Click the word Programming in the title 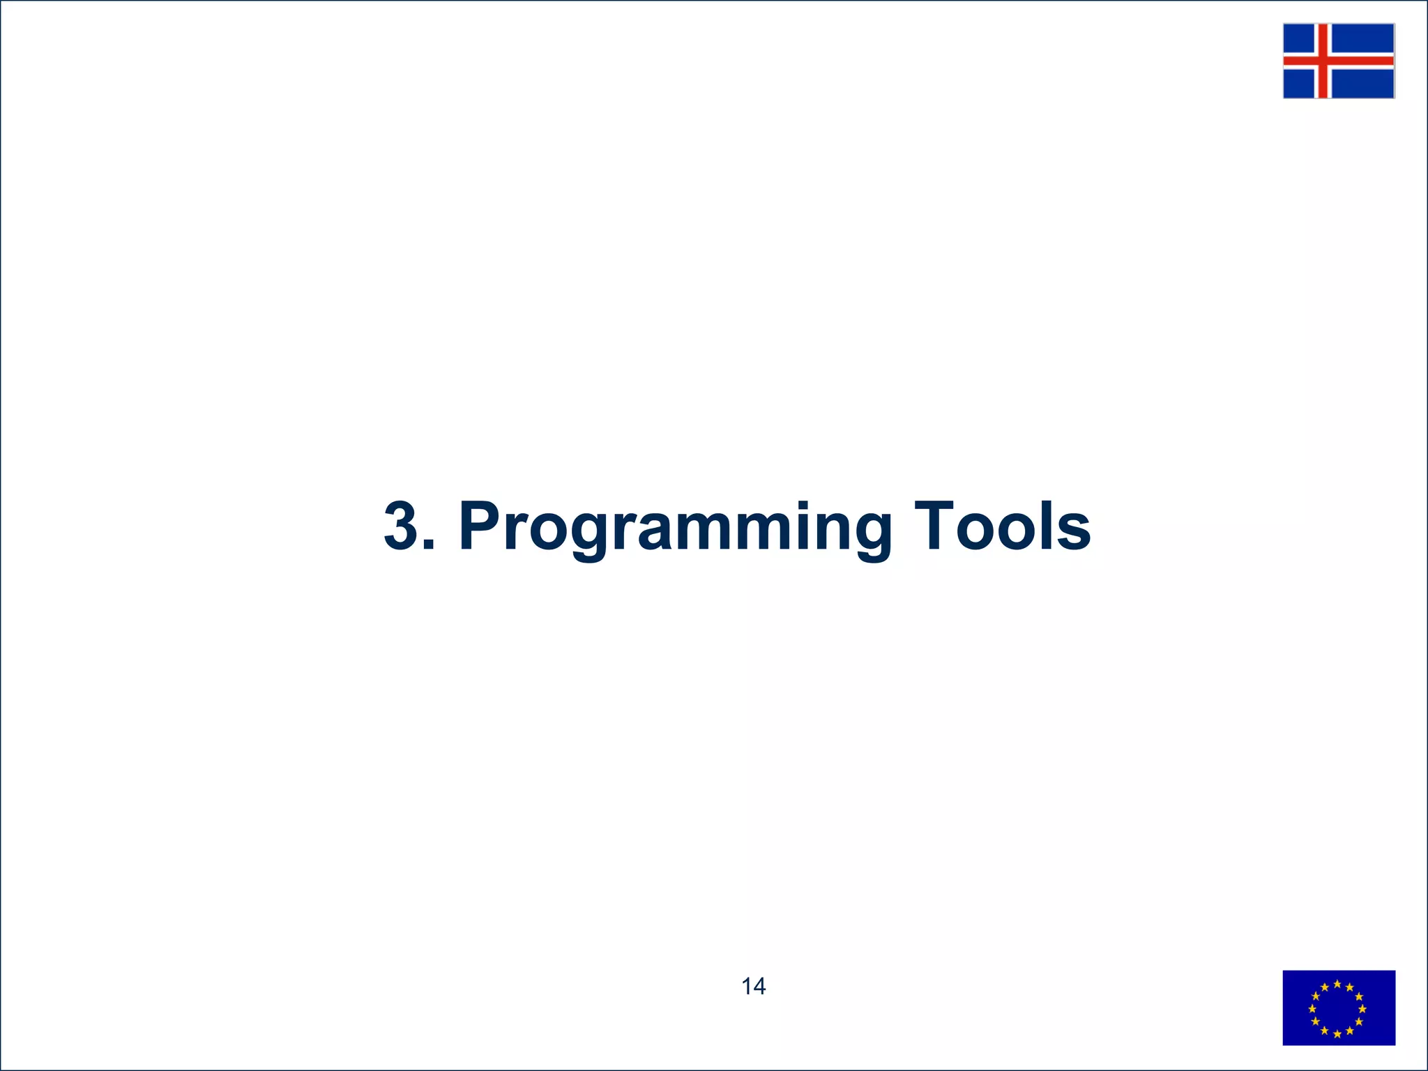click(x=675, y=528)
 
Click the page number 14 click(x=753, y=986)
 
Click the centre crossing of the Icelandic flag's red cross click(x=1322, y=61)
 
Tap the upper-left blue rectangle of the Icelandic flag click(x=1298, y=38)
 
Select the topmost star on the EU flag click(x=1337, y=984)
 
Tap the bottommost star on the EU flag click(x=1337, y=1034)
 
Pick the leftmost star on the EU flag click(x=1312, y=1009)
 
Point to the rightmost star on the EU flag click(x=1362, y=1009)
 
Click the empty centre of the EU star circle click(x=1337, y=1009)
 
